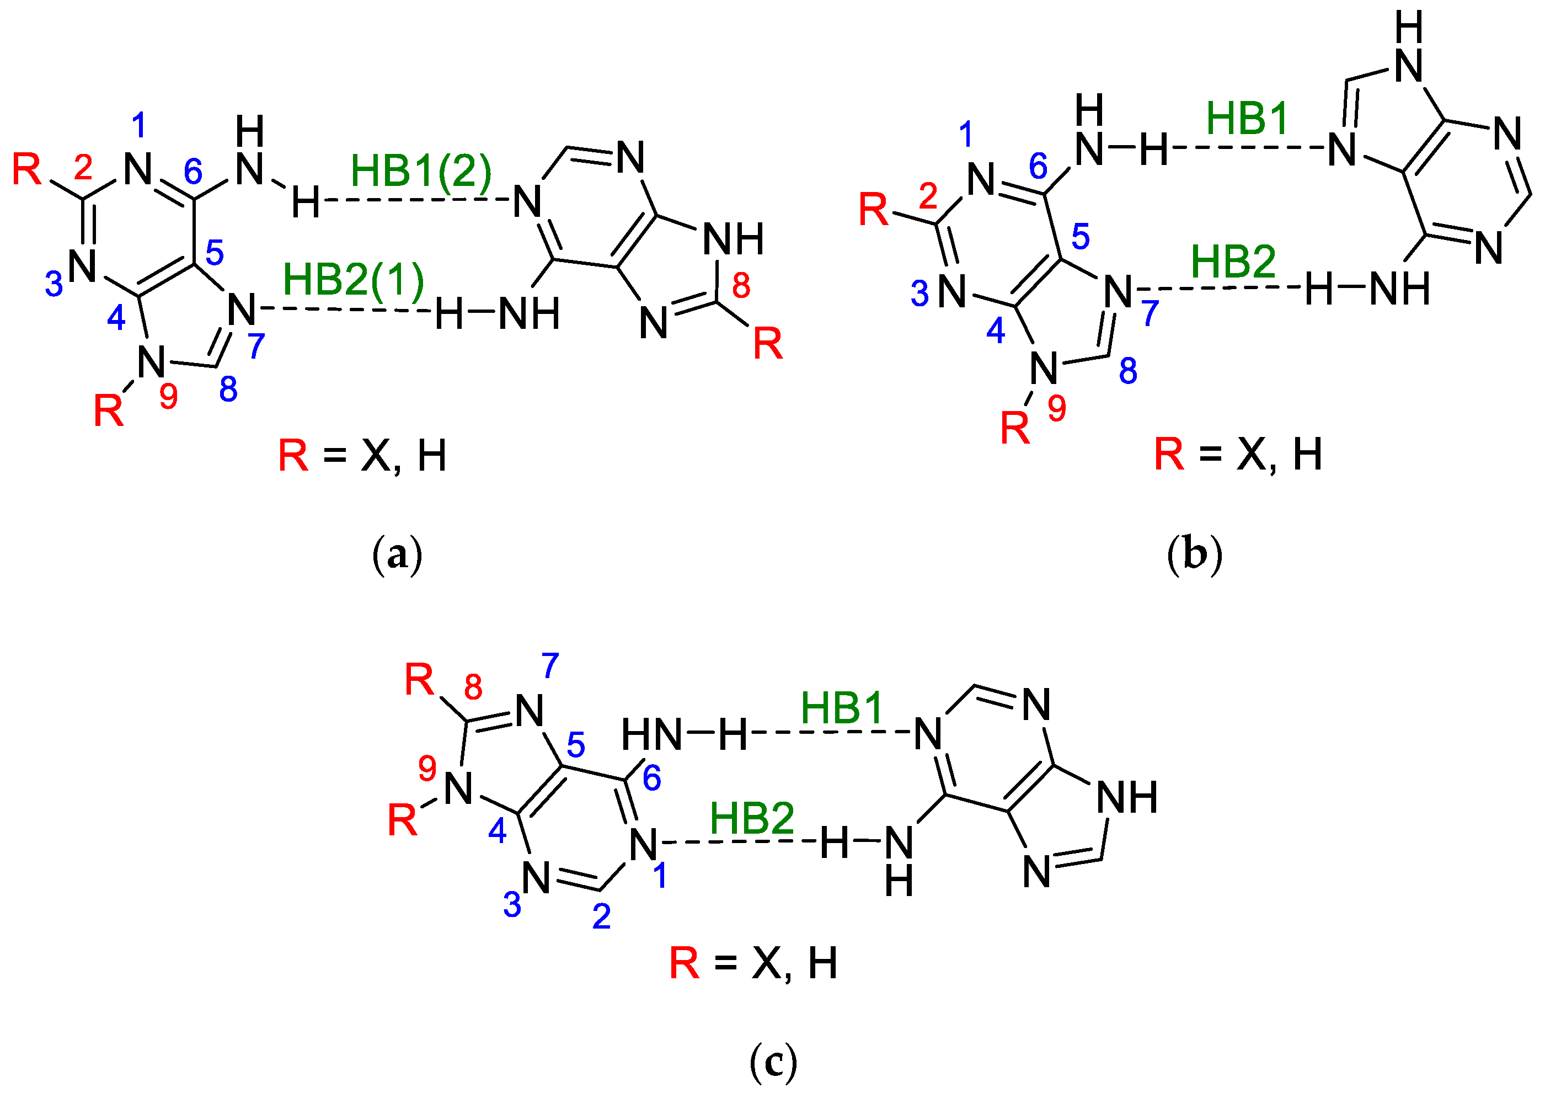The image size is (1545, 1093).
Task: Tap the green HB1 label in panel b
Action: coord(1247,119)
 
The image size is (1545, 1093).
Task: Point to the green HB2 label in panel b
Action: coord(1233,262)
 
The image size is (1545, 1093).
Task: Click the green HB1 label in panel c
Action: coord(842,708)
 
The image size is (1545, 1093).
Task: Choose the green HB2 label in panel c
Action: coord(752,819)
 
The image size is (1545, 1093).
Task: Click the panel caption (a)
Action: coord(397,555)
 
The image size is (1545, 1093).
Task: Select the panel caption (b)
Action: coord(1194,555)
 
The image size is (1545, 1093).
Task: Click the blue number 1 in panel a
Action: coord(140,125)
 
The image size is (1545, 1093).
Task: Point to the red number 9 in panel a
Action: coord(169,396)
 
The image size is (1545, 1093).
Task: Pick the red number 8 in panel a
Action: coord(741,285)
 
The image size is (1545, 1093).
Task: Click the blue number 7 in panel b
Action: coord(1150,313)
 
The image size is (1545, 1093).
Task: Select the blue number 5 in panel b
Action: coord(1081,236)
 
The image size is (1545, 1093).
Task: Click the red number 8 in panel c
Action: coord(473,687)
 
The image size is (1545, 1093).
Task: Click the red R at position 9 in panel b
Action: coord(1015,428)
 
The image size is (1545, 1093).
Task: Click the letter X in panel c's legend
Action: coord(767,963)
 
